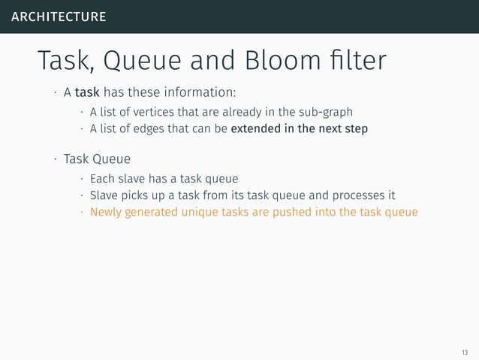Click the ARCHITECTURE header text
click(x=59, y=17)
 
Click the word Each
click(x=103, y=179)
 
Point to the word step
click(x=355, y=129)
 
